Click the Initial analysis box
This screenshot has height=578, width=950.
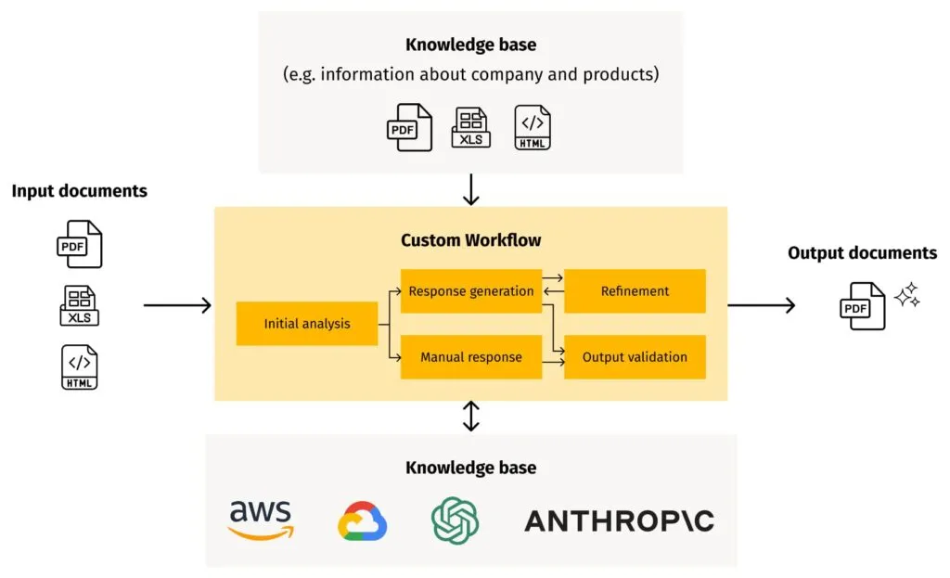pos(307,324)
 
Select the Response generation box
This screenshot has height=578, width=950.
pos(471,291)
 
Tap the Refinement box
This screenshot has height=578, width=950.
pos(635,291)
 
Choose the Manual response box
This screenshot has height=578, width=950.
pos(471,357)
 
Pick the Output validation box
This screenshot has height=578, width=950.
pos(635,357)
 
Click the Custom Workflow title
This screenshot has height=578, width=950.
pos(471,240)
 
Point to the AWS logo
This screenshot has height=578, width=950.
pos(261,520)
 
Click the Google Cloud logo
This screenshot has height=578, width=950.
pos(362,521)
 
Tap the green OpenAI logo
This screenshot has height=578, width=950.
pos(455,520)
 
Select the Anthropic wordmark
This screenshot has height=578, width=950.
pos(620,520)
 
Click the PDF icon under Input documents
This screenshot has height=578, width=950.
pos(80,245)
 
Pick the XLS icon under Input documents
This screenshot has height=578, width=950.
pos(80,306)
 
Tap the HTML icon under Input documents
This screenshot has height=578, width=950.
pos(80,367)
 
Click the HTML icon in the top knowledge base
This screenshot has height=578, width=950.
pos(533,128)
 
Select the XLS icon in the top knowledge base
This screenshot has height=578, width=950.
pos(471,128)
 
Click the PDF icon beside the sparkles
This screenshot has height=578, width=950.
pos(863,306)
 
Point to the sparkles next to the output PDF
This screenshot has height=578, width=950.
pos(906,294)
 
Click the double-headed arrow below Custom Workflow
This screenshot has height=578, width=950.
pos(471,417)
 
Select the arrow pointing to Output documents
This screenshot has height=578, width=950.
pos(761,305)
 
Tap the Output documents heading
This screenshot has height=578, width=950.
pos(862,253)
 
